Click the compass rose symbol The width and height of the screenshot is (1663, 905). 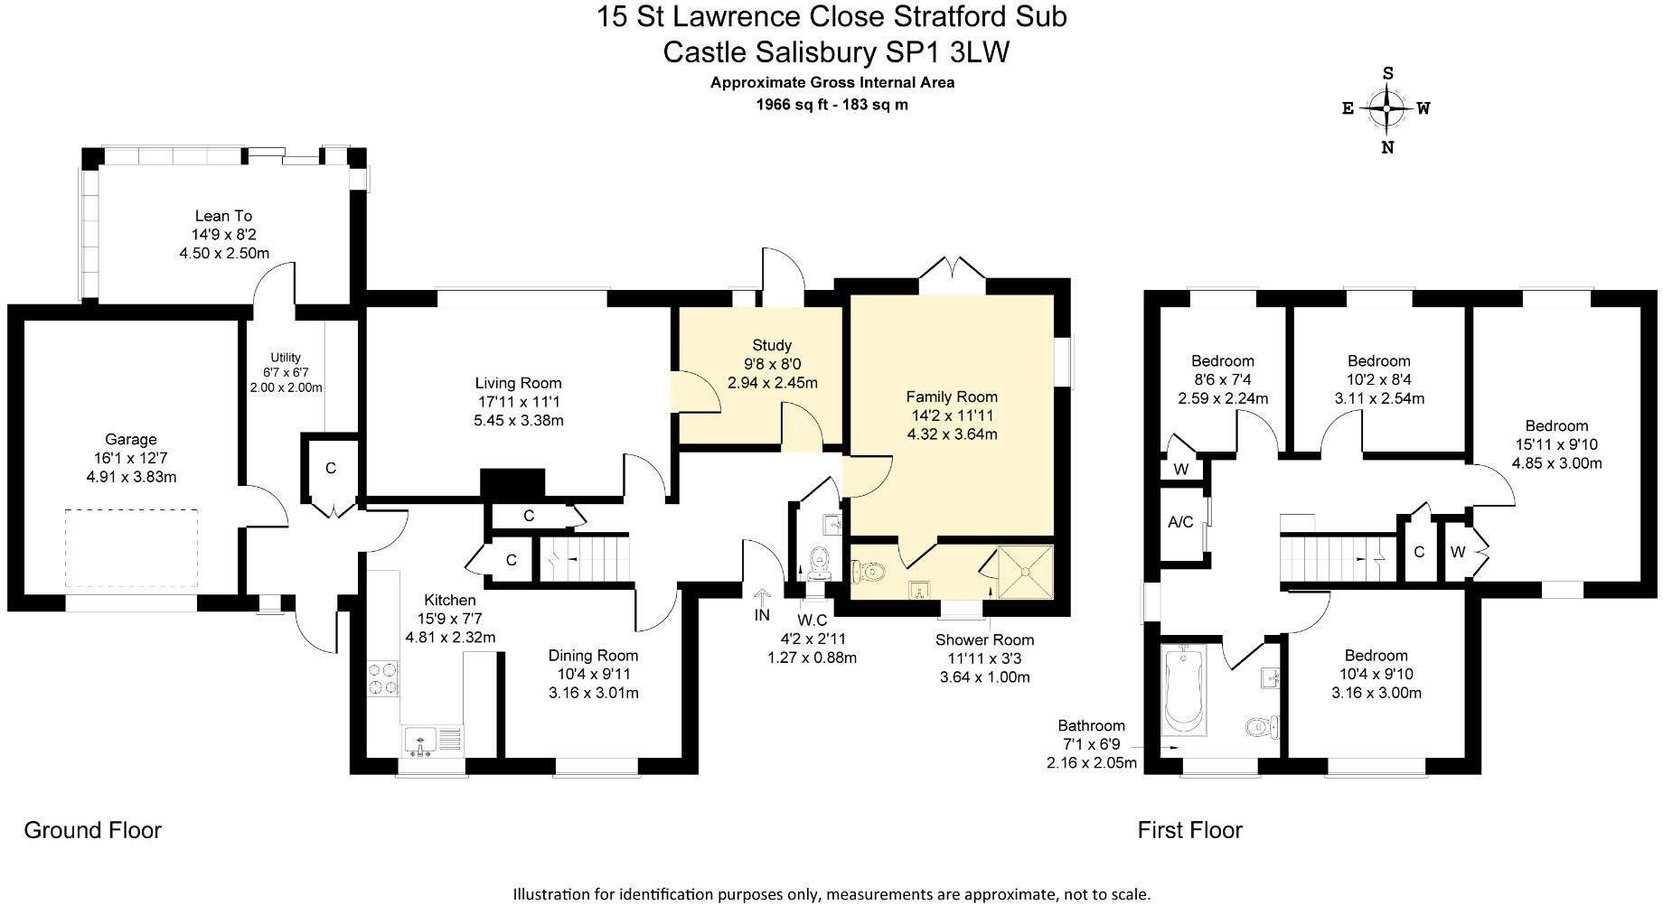[x=1386, y=109]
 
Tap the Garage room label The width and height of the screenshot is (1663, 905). [x=131, y=440]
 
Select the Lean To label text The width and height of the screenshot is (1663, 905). [x=223, y=216]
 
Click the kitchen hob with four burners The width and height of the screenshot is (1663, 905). [x=383, y=678]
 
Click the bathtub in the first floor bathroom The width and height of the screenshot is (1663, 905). [x=1184, y=688]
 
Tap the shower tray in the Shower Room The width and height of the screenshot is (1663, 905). [x=1026, y=571]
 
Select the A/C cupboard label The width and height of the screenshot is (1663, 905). [x=1180, y=523]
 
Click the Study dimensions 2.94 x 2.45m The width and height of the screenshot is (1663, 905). [x=772, y=383]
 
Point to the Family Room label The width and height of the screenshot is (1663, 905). [x=952, y=397]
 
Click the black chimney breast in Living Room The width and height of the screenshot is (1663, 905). [x=512, y=483]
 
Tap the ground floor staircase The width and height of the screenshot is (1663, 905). [x=585, y=559]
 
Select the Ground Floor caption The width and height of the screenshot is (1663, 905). [x=92, y=830]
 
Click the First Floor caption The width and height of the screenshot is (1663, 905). [x=1189, y=830]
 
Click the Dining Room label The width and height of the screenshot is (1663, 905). [x=593, y=656]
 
